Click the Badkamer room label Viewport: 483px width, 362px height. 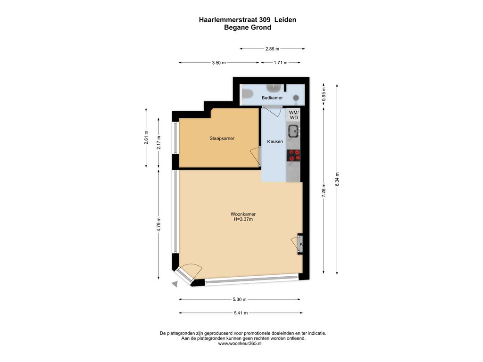272,98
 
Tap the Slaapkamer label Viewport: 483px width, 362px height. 222,139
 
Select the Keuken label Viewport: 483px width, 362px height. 275,141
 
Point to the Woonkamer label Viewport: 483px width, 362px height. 243,214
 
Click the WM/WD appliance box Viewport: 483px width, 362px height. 293,115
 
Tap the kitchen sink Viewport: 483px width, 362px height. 293,131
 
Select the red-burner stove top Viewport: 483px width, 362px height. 293,156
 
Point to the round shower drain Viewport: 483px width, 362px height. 296,98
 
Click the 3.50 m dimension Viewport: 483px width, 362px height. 219,63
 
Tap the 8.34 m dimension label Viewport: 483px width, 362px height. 337,179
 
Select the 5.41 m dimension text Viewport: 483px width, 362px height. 241,313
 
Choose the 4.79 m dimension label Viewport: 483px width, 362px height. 158,225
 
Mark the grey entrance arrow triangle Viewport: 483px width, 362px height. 175,284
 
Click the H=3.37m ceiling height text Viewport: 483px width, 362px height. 243,220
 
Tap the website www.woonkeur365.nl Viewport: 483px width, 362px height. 240,344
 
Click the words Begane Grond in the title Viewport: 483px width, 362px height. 248,27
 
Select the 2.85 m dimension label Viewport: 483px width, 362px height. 272,49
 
